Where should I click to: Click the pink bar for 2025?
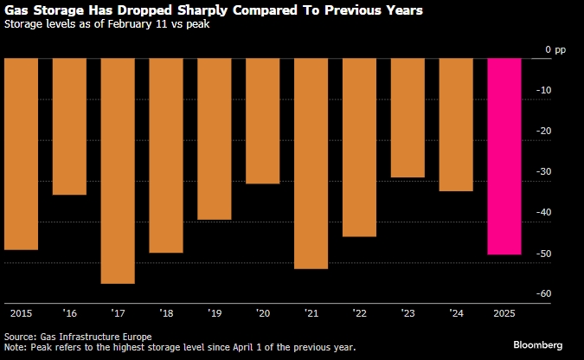click(x=504, y=157)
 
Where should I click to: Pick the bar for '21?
click(x=311, y=164)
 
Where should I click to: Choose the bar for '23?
click(x=408, y=118)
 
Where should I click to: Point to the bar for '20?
click(x=263, y=121)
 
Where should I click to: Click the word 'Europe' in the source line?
click(x=134, y=336)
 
